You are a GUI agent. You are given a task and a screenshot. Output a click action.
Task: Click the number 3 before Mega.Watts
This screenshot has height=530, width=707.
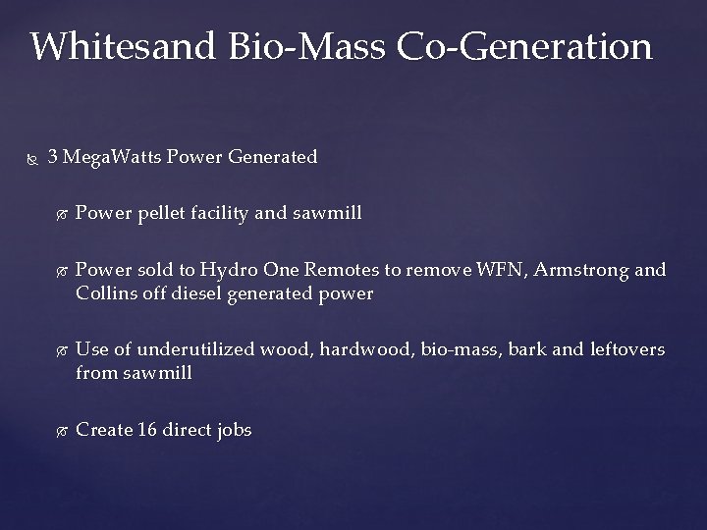coord(52,156)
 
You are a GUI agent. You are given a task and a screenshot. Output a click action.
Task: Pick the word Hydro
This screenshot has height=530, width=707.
coord(228,269)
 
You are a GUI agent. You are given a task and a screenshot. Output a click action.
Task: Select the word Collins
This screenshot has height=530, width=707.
coord(103,293)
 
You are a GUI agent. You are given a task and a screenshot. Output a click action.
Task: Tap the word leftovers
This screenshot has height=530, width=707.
coord(625,349)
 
